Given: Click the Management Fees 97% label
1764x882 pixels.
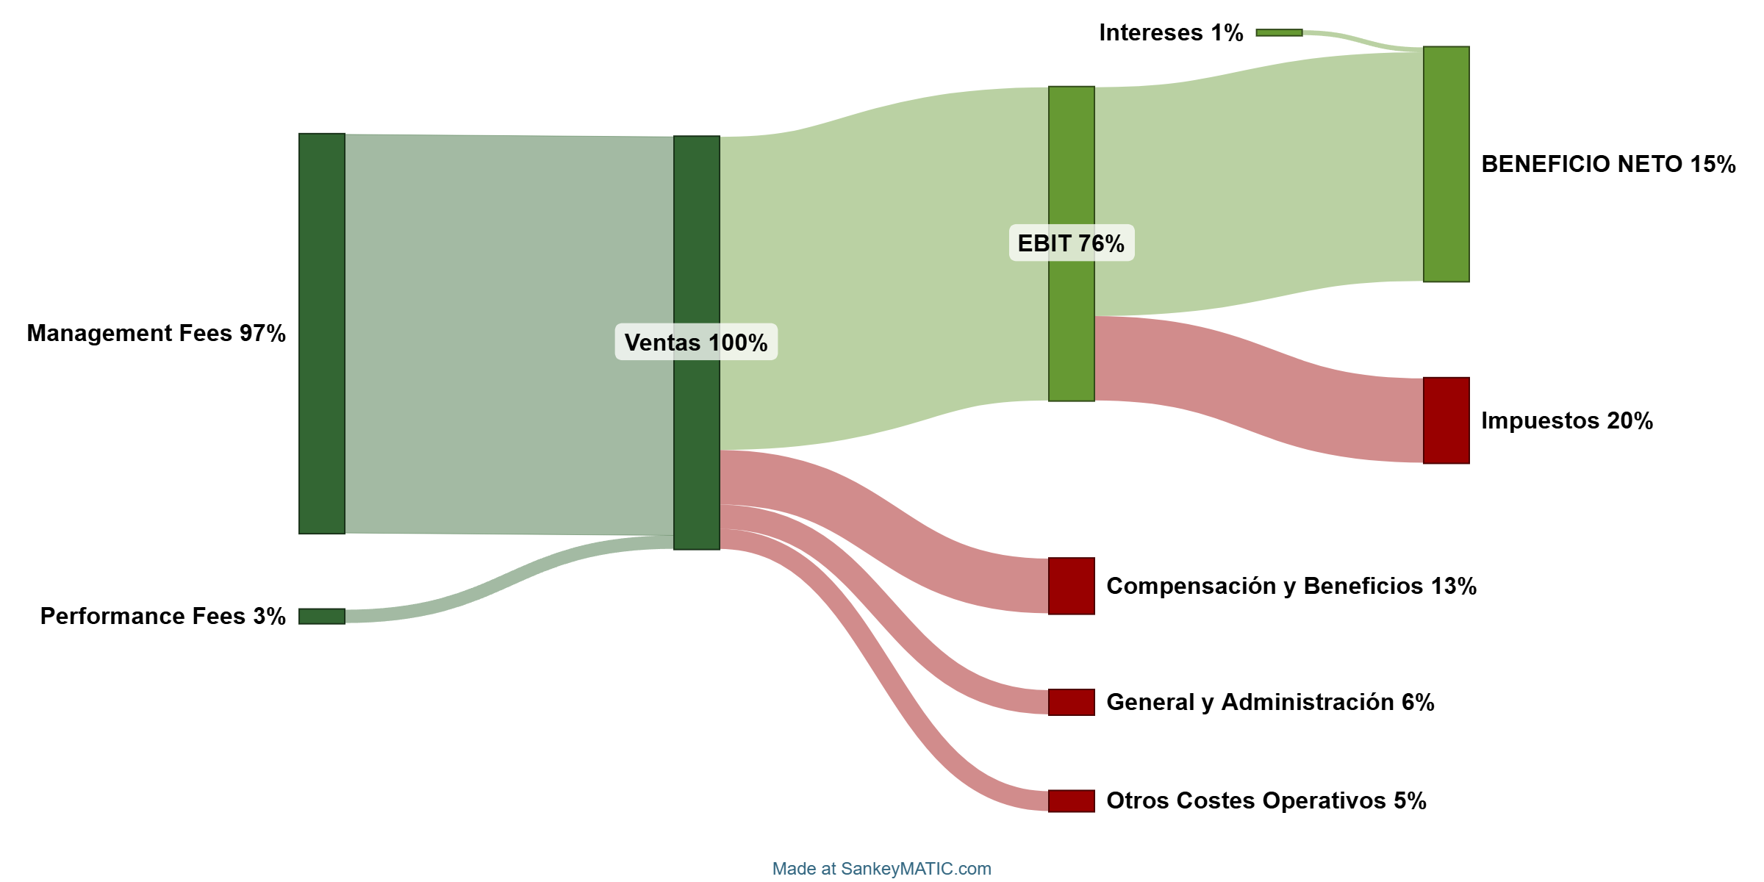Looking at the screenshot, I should [x=156, y=334].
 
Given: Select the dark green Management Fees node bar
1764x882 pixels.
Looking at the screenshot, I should [x=322, y=334].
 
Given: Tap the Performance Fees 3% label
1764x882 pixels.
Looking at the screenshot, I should [x=162, y=616].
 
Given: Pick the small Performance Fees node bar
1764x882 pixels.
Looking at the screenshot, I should [x=322, y=616].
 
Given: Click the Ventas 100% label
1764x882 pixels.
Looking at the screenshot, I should [x=695, y=343].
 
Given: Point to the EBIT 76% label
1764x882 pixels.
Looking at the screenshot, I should [x=1071, y=243].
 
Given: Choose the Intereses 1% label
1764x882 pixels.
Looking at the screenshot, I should [x=1171, y=33].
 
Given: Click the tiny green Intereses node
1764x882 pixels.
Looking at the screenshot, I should [x=1279, y=33].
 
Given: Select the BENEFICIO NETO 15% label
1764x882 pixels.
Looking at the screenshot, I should [x=1608, y=164].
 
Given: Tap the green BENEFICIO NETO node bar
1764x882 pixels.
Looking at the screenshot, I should [x=1446, y=164].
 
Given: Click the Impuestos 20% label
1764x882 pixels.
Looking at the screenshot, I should [x=1566, y=420].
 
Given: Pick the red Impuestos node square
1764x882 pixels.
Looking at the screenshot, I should [x=1446, y=420].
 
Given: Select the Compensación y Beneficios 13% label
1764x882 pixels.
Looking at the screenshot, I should [x=1291, y=586].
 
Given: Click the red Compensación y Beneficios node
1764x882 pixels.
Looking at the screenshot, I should [x=1071, y=586].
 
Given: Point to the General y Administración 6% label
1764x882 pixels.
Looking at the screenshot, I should [x=1270, y=702].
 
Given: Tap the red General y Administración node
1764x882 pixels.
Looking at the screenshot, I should [x=1071, y=702].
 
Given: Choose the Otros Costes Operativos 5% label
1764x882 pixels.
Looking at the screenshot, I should [x=1266, y=800].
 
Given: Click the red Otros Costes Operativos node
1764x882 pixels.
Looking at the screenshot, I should [x=1071, y=800].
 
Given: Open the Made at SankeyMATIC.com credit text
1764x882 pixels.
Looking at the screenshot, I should [x=881, y=869].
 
